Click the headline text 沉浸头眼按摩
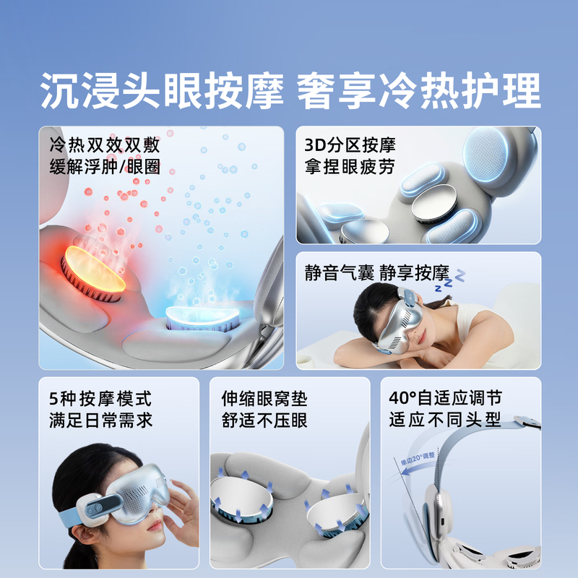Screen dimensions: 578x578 pos(160,92)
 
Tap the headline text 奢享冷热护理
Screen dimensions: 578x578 pos(420,92)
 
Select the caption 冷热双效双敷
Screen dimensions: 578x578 pos(105,145)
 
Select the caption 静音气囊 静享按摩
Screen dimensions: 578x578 pos(377,274)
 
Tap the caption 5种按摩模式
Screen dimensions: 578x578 pos(101,397)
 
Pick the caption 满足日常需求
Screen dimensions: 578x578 pos(101,420)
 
